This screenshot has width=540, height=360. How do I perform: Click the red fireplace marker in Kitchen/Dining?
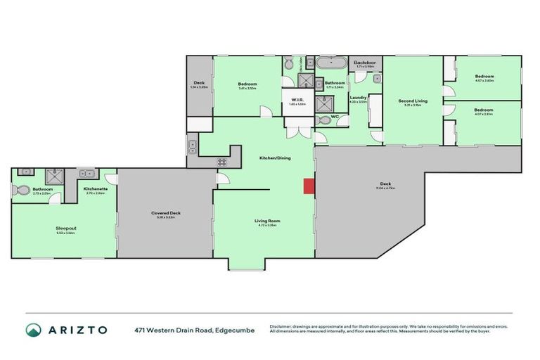point(309,186)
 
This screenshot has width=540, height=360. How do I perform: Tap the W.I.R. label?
point(297,101)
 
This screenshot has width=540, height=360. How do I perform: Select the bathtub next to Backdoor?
point(330,64)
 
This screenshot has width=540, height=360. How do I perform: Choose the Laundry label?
point(358,98)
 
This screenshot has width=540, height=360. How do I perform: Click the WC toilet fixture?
point(321,120)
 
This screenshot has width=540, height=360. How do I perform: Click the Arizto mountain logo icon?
point(33,330)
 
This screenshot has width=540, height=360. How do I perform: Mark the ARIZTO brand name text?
point(77,330)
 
